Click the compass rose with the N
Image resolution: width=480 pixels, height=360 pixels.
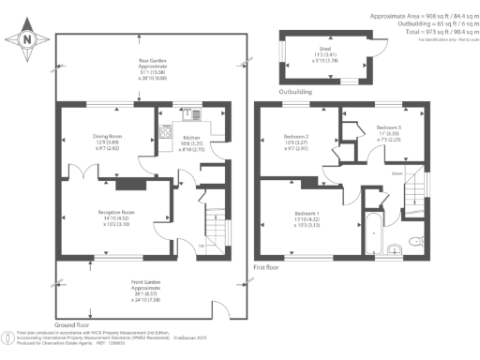pyautogui.click(x=26, y=38)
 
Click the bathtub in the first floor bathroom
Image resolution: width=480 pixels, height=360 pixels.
pyautogui.click(x=372, y=234)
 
